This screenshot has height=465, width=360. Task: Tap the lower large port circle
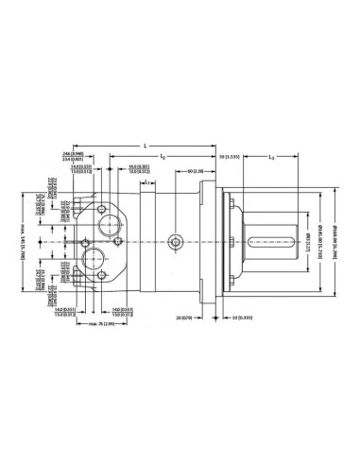(x=98, y=263)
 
